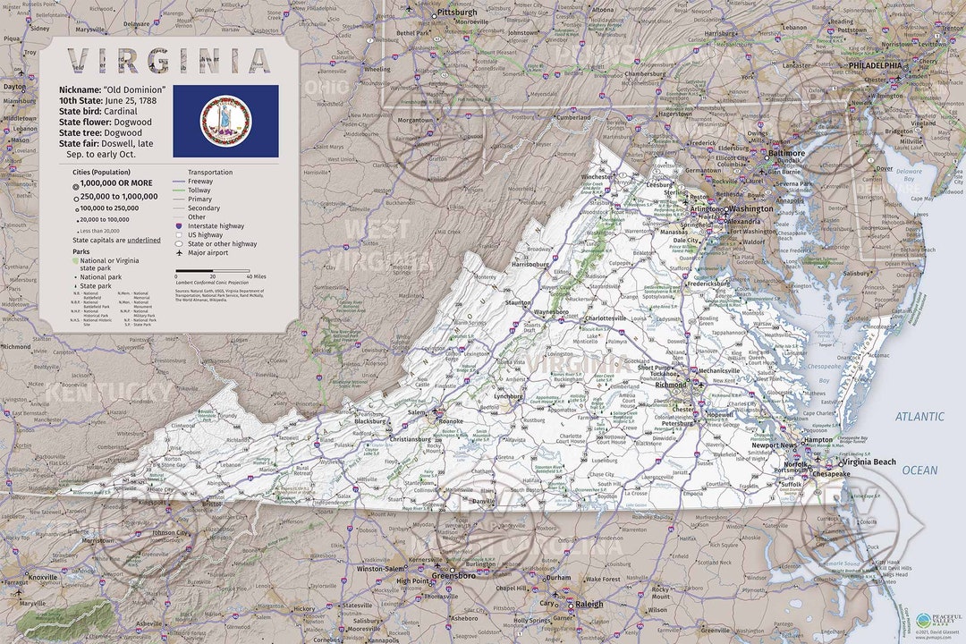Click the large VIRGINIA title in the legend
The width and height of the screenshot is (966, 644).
(170, 61)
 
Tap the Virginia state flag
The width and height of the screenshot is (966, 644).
(225, 122)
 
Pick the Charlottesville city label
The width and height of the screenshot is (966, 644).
(605, 318)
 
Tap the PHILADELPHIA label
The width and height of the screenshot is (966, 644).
(875, 65)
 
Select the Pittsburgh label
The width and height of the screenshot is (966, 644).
(457, 13)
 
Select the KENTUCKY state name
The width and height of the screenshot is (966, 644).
(107, 392)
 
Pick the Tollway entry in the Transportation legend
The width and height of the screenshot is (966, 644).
(200, 190)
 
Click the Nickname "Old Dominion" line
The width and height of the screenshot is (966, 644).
(113, 90)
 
